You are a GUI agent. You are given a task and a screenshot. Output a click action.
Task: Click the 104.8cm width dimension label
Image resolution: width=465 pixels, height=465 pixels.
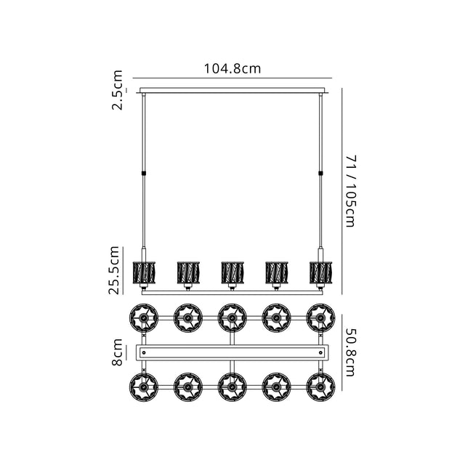click(232, 68)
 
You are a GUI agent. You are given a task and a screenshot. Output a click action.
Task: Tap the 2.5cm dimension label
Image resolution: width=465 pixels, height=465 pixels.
click(117, 90)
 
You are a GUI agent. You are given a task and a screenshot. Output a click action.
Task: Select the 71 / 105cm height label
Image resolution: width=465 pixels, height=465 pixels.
click(351, 191)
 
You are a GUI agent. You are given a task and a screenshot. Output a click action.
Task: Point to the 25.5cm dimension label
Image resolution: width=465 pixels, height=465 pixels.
click(114, 270)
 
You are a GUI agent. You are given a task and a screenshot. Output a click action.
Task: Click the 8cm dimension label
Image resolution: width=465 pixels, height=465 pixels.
click(117, 352)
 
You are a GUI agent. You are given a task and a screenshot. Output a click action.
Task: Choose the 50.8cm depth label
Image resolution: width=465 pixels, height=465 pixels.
click(351, 352)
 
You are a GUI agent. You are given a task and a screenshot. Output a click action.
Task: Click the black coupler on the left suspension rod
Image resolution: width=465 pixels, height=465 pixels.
click(144, 173)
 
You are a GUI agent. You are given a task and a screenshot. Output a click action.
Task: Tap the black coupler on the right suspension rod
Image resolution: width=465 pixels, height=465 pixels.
click(320, 173)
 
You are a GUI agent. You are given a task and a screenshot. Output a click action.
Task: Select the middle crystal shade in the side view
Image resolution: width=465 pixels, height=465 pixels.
click(232, 272)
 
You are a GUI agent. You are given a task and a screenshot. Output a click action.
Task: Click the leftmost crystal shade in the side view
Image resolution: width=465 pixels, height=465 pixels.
click(144, 272)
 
